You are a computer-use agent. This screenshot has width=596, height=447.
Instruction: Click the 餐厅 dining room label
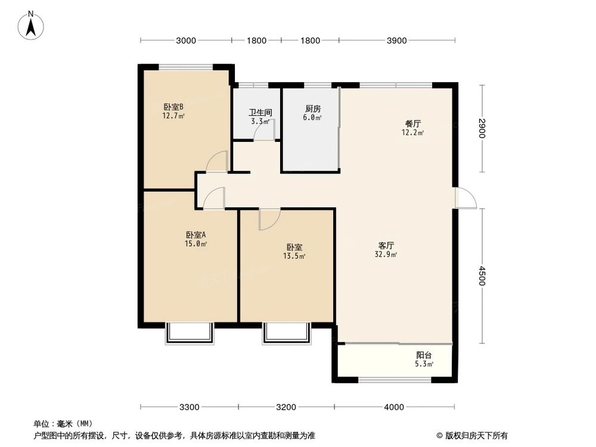pyautogui.click(x=413, y=124)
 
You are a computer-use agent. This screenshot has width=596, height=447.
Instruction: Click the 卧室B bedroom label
pyautogui.click(x=173, y=107)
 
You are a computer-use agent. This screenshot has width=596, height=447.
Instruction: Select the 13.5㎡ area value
pyautogui.click(x=294, y=257)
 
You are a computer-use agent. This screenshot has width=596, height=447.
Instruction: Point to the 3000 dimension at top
pyautogui.click(x=186, y=41)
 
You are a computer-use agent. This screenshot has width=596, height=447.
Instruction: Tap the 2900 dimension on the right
pyautogui.click(x=482, y=129)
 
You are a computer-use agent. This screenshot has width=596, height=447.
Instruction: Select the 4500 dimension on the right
pyautogui.click(x=482, y=276)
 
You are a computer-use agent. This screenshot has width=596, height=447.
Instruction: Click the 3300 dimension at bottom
pyautogui.click(x=189, y=407)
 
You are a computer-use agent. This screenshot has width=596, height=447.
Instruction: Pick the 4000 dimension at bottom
pyautogui.click(x=393, y=407)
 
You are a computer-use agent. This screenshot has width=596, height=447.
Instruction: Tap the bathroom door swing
pyautogui.click(x=260, y=132)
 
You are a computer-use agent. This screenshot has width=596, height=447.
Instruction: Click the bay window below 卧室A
pyautogui.click(x=189, y=333)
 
